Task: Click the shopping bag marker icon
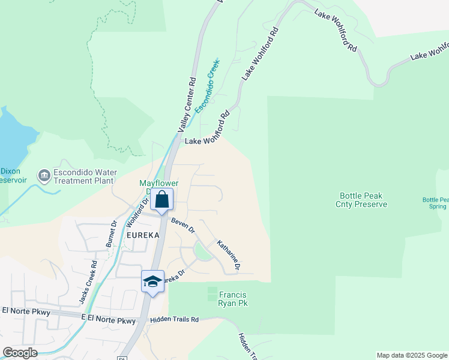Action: [162, 199]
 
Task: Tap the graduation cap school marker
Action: [152, 281]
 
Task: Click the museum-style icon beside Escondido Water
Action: [44, 176]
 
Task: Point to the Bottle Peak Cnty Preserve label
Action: [361, 200]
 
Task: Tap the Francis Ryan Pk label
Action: [233, 299]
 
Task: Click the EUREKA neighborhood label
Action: [143, 236]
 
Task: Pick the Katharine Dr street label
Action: [229, 254]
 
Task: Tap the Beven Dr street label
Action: [183, 226]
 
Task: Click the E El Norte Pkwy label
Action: [108, 319]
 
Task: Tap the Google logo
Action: [20, 353]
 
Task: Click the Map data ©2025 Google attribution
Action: [412, 355]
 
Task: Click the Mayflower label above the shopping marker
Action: [160, 183]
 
